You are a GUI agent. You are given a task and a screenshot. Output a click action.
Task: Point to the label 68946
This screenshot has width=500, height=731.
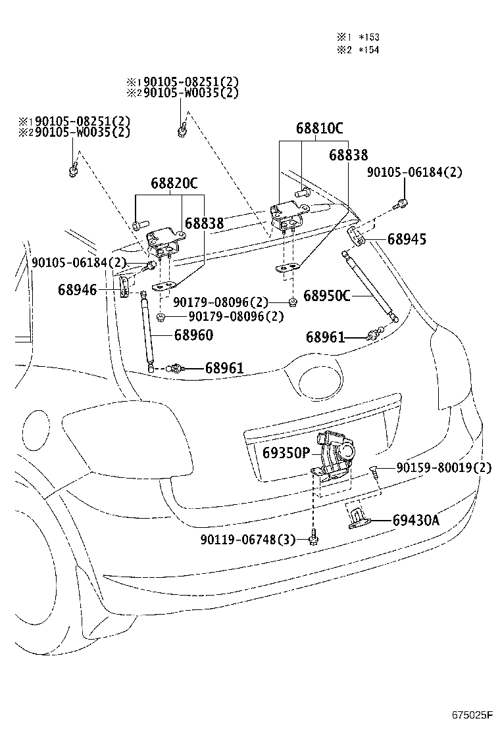[x=77, y=289]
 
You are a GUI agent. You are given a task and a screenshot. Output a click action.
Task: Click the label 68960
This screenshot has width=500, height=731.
[x=193, y=335]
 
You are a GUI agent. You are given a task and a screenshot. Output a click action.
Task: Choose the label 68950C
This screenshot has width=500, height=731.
[x=327, y=296]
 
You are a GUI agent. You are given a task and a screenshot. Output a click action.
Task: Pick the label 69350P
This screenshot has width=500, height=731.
[x=286, y=452]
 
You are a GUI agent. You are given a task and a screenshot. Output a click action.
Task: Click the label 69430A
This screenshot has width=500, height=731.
[x=416, y=521]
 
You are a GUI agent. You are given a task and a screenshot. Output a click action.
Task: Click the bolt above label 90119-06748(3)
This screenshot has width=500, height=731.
[x=314, y=539]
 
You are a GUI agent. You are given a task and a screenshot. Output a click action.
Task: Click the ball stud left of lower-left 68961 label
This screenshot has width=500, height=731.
[x=176, y=367]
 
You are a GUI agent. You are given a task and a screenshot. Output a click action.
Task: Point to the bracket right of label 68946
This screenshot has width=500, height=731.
[x=124, y=287]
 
